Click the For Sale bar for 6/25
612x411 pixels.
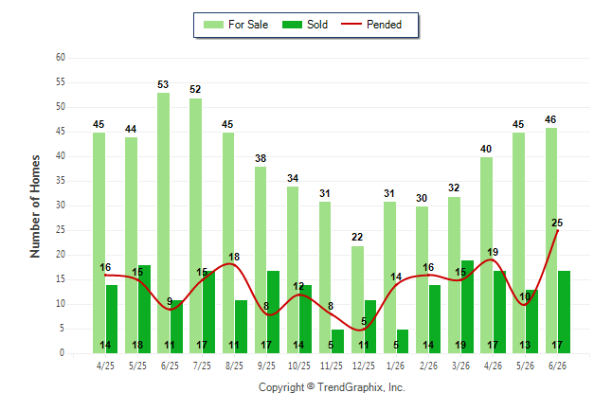(164, 223)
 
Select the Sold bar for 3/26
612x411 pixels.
(467, 307)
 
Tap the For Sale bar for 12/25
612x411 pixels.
(357, 300)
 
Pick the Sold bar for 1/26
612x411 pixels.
(403, 342)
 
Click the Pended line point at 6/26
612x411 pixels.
(557, 231)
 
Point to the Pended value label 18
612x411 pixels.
(234, 257)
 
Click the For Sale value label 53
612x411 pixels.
(163, 84)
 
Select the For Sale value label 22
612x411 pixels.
(357, 237)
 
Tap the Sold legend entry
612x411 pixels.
(305, 25)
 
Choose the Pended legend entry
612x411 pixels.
(371, 25)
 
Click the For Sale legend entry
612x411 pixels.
(236, 25)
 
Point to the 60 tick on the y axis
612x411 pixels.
(61, 58)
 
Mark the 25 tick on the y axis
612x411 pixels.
(61, 230)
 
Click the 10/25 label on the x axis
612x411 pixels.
(299, 366)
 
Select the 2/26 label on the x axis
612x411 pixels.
(428, 366)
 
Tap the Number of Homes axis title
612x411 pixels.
(35, 206)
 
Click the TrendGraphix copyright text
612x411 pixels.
(332, 387)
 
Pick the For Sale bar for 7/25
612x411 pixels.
(196, 225)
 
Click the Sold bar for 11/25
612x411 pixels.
(337, 342)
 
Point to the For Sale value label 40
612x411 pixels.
(486, 149)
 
